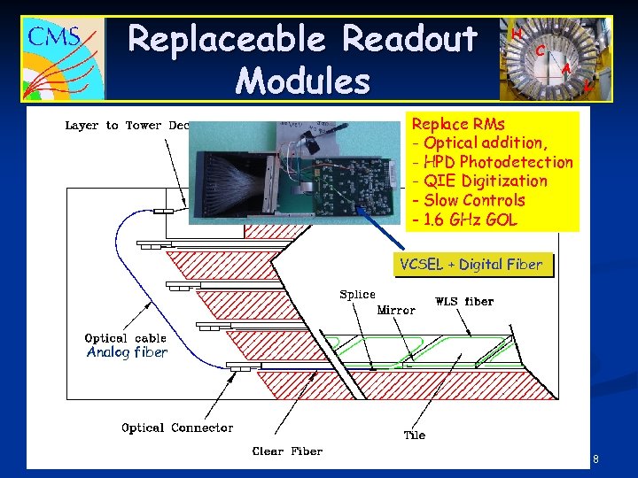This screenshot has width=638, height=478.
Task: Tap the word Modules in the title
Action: (x=303, y=81)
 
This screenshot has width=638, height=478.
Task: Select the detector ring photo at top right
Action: (x=556, y=58)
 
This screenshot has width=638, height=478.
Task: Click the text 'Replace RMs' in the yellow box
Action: (x=459, y=124)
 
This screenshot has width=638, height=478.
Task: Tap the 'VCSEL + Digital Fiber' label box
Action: (x=471, y=264)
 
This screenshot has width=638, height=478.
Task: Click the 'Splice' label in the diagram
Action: (x=357, y=295)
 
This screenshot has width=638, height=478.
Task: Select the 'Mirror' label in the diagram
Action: (x=396, y=310)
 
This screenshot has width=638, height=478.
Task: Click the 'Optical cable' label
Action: (x=125, y=338)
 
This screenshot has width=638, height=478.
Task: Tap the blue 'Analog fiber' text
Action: (x=127, y=352)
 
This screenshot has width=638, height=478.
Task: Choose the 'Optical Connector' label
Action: (x=177, y=428)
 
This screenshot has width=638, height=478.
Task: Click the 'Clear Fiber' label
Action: (x=288, y=451)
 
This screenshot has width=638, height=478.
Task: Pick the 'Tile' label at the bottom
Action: (x=414, y=435)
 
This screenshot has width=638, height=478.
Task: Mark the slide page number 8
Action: (x=595, y=459)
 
